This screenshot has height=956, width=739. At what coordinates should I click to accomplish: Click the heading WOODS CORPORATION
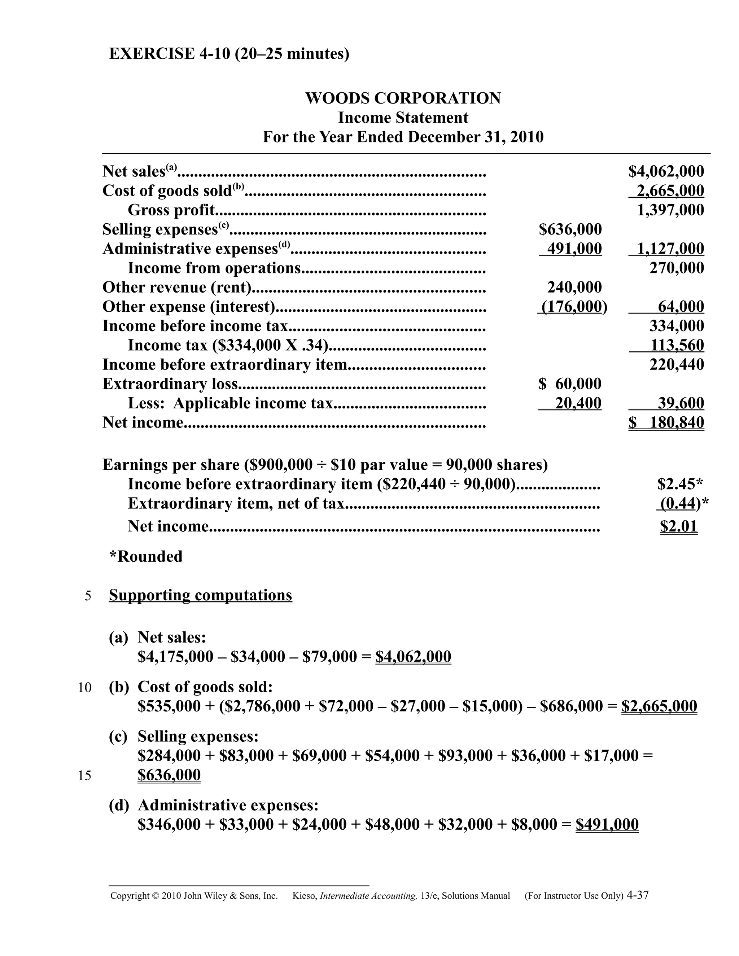[403, 98]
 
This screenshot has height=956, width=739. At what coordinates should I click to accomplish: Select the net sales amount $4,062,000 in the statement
[666, 171]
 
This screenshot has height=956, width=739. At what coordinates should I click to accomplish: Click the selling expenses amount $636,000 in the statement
[570, 229]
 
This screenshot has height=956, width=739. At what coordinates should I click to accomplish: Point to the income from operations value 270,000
[677, 268]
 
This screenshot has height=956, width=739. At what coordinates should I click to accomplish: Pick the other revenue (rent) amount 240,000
[574, 287]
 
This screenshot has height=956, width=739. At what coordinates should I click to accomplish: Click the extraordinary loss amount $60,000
[570, 384]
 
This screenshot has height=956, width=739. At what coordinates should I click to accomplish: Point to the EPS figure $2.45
[677, 484]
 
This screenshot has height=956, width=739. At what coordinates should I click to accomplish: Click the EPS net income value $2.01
[678, 526]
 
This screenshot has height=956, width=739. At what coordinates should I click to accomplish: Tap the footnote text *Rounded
[146, 556]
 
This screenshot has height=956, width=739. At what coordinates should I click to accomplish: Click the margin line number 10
[84, 688]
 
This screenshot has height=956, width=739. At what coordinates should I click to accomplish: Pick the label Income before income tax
[195, 326]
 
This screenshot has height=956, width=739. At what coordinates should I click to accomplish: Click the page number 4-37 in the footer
[638, 895]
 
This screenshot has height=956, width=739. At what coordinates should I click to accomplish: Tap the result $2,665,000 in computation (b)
[659, 706]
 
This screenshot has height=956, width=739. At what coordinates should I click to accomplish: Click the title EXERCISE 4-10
[170, 54]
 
